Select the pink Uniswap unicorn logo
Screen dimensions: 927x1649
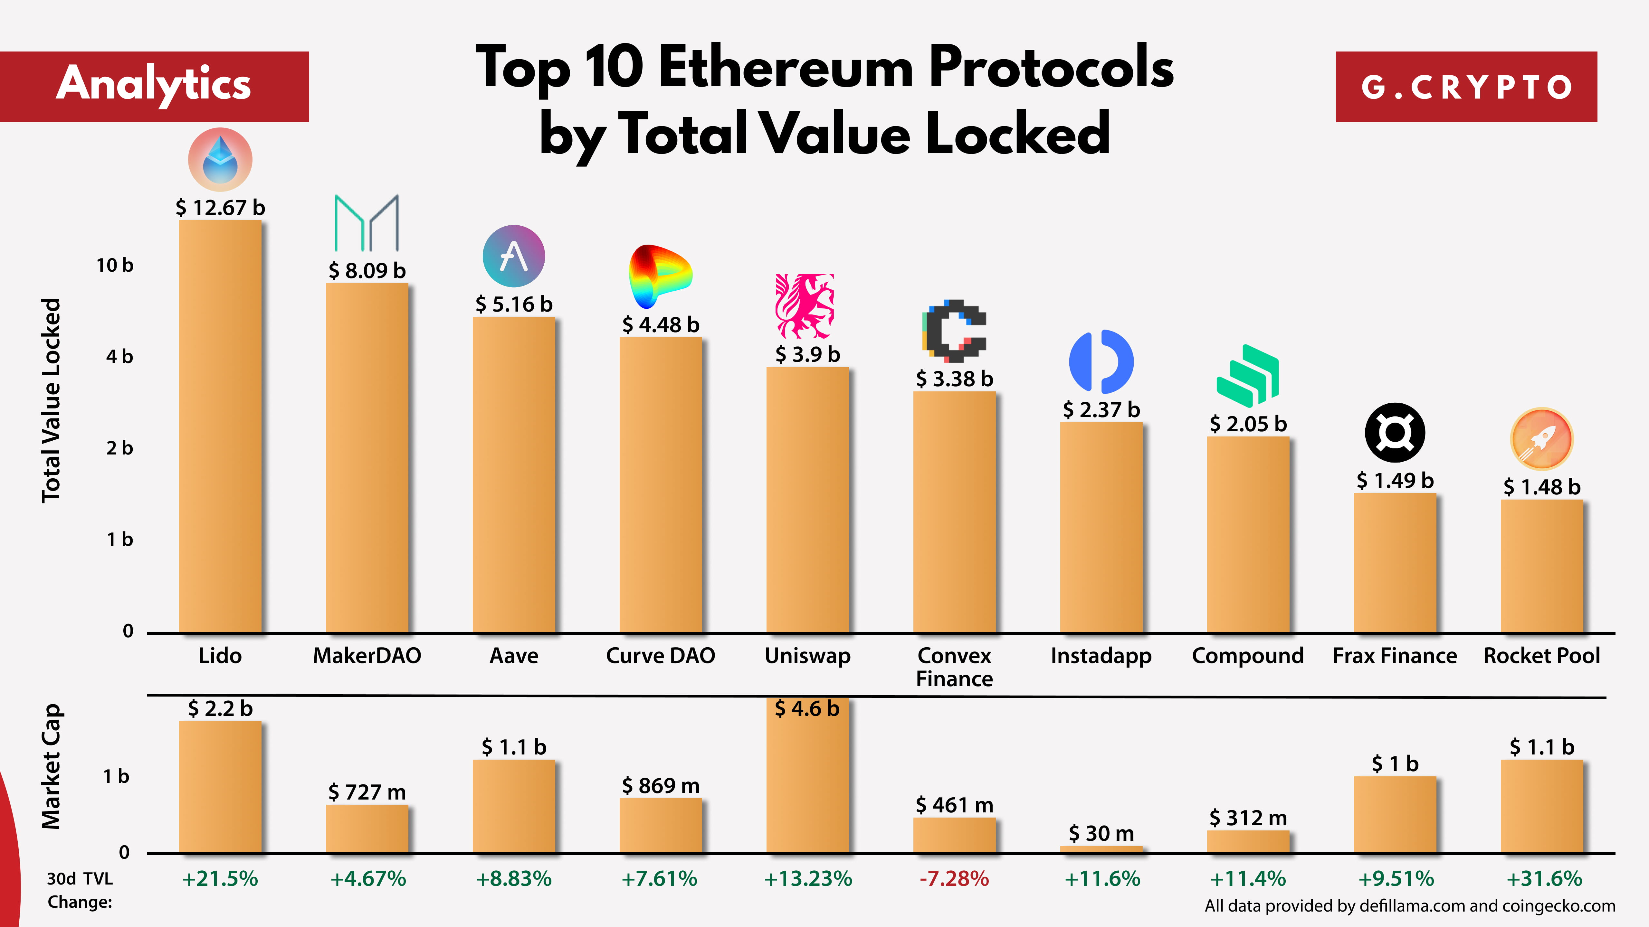[x=805, y=306]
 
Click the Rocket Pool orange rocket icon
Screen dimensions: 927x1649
[x=1541, y=439]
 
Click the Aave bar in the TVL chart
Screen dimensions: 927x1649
[x=513, y=473]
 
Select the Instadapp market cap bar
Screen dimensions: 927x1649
[x=1101, y=849]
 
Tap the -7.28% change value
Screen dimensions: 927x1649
[x=954, y=878]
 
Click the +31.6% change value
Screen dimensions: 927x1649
[x=1543, y=878]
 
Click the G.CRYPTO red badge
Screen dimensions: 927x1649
[x=1466, y=87]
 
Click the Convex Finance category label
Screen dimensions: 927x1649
[x=954, y=667]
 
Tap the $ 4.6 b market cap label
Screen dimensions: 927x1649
[x=806, y=708]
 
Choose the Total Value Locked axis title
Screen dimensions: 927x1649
[x=51, y=400]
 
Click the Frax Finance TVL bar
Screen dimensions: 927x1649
[x=1395, y=563]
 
